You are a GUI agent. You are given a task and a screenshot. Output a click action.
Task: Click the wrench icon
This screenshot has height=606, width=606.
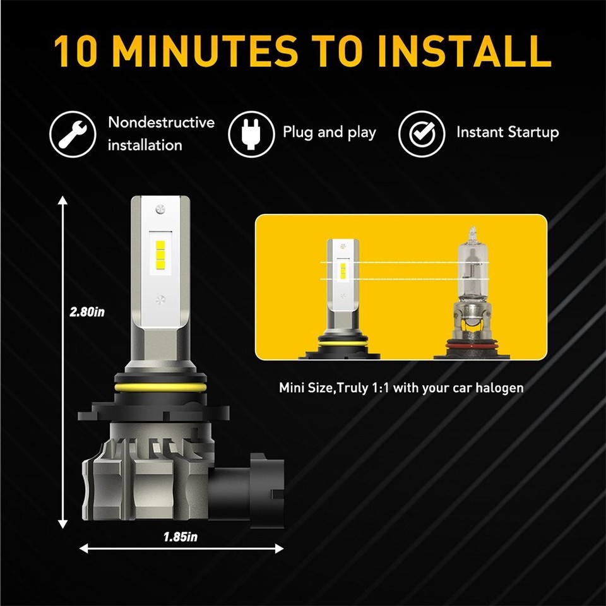pyautogui.click(x=73, y=133)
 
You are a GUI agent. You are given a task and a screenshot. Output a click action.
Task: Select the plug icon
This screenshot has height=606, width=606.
pyautogui.click(x=251, y=133)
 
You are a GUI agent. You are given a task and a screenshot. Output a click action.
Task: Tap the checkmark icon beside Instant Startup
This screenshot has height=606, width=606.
pyautogui.click(x=421, y=133)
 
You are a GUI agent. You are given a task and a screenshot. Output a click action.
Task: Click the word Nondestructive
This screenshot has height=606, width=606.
pyautogui.click(x=161, y=122)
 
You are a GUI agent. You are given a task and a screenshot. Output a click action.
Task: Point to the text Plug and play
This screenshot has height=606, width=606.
pyautogui.click(x=329, y=133)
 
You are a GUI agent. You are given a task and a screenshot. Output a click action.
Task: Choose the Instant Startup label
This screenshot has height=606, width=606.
pyautogui.click(x=508, y=133)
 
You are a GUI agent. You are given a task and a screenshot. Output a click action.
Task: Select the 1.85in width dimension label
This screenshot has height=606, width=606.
pyautogui.click(x=181, y=537)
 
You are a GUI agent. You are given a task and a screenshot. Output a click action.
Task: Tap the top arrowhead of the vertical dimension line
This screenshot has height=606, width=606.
pyautogui.click(x=62, y=201)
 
